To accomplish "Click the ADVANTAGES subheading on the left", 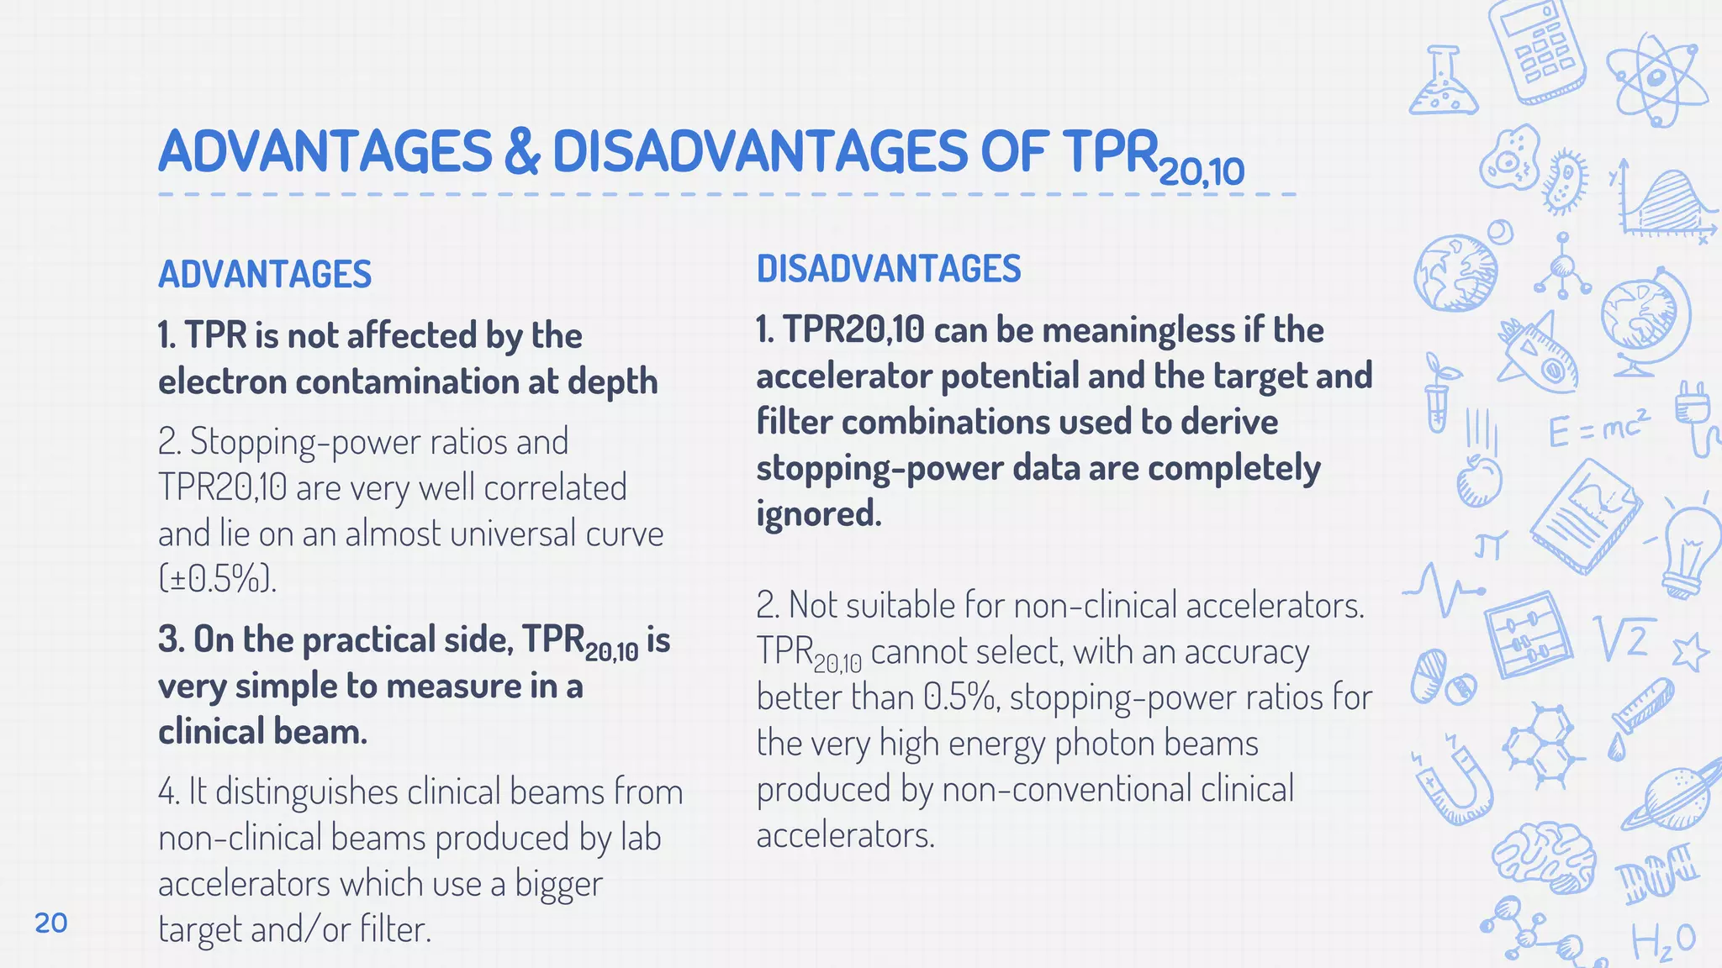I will point(265,275).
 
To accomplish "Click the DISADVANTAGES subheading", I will point(889,269).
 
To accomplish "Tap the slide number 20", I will point(51,923).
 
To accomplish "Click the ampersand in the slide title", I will point(522,152).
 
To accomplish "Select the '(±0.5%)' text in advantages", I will point(217,578).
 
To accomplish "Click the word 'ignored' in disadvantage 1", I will point(816,513).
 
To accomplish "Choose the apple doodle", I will point(1478,480).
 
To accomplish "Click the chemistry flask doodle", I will point(1443,83).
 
